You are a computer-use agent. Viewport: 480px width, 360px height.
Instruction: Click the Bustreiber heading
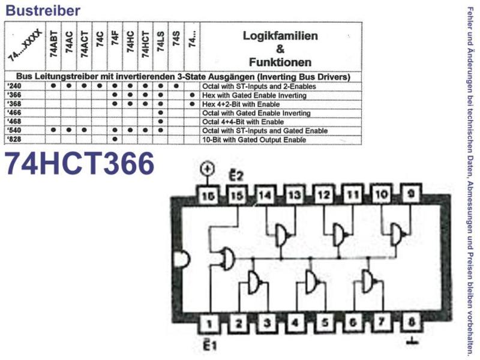tap(43, 10)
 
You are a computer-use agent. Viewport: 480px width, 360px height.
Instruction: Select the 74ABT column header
tap(53, 46)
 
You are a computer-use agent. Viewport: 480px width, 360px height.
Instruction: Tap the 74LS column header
tap(161, 42)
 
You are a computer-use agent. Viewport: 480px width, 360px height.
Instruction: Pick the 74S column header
tap(176, 39)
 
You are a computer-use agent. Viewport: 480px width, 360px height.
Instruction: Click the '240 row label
tap(14, 86)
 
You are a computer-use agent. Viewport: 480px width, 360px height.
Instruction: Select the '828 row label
tap(14, 140)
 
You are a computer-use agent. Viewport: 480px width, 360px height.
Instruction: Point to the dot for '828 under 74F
tap(115, 139)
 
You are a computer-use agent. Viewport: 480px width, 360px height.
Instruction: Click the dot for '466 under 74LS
tap(161, 113)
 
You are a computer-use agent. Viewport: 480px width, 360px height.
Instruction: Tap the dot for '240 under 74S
tap(176, 86)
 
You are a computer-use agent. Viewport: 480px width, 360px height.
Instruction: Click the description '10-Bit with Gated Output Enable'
tap(254, 140)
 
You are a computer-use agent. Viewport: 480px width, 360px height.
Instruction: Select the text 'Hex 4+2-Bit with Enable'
tap(241, 104)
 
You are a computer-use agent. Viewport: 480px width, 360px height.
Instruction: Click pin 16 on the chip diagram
tap(208, 196)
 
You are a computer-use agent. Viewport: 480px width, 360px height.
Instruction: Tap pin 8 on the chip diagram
tap(412, 322)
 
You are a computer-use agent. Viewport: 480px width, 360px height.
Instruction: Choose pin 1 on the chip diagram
tap(209, 323)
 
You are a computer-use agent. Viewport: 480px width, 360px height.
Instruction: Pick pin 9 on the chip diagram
tap(411, 194)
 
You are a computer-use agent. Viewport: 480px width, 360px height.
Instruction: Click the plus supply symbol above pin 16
tap(207, 169)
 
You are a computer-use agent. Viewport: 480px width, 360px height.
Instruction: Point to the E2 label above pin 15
tap(236, 175)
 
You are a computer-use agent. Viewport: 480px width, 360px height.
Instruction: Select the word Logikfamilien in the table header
tap(280, 36)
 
